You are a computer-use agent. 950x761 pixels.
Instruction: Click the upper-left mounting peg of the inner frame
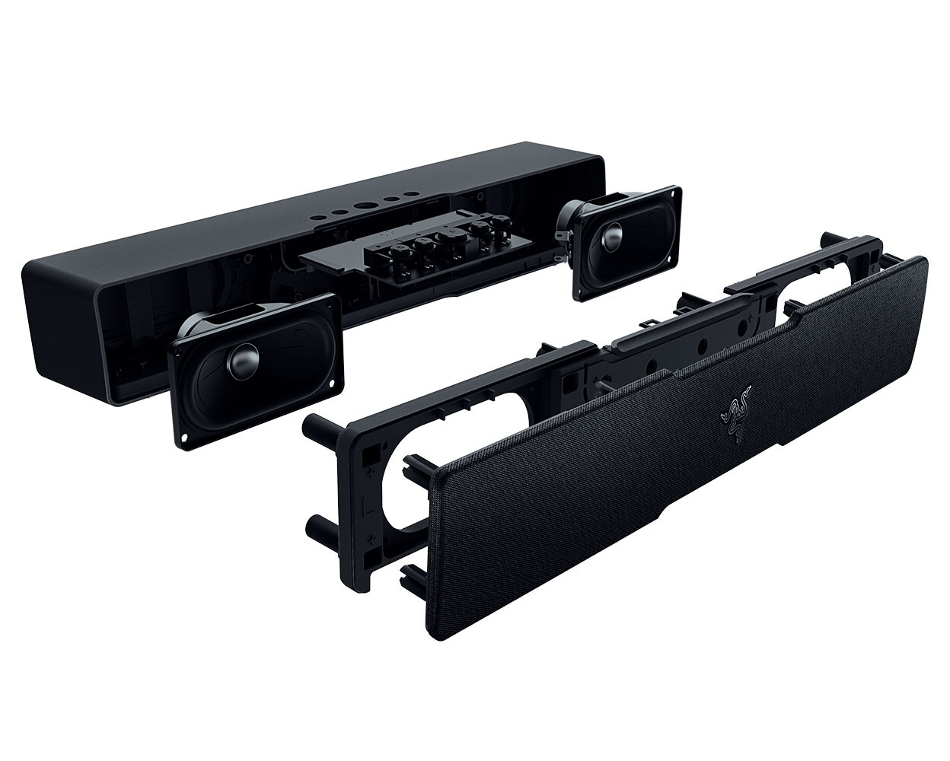tap(312, 425)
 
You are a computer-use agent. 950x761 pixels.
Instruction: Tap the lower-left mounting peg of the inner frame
tap(314, 527)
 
